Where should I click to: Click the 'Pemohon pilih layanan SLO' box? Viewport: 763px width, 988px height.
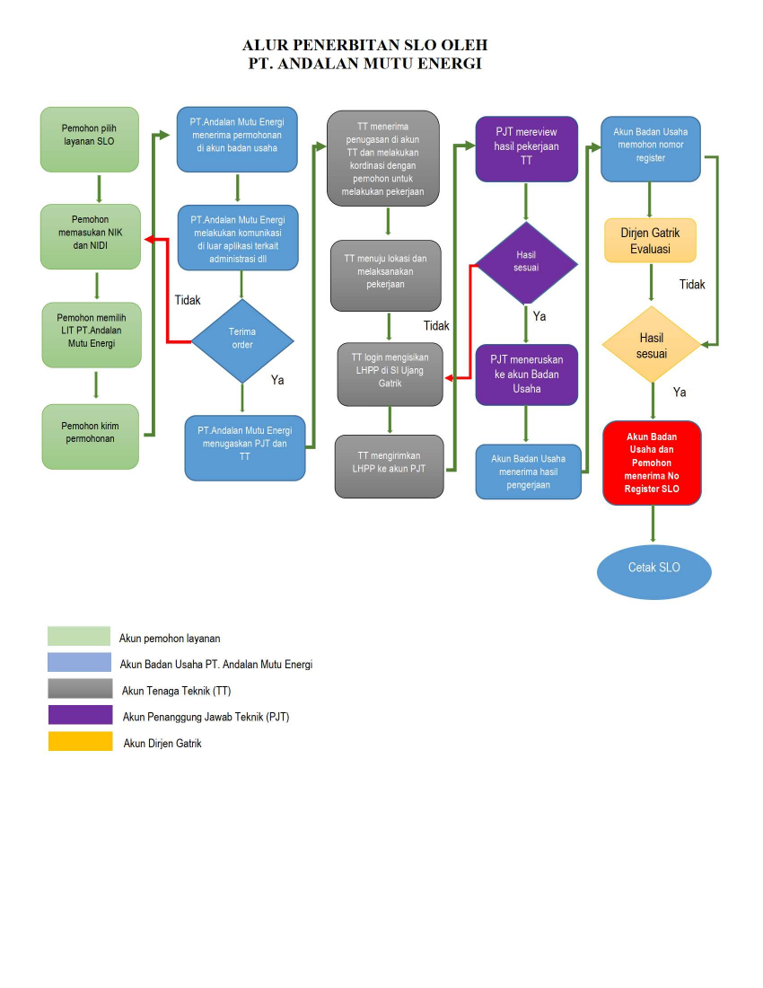tap(89, 139)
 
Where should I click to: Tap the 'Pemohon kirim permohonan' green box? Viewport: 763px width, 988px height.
tap(91, 436)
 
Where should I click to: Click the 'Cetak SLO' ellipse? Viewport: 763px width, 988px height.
tap(653, 569)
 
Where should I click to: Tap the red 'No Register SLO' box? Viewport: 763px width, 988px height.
tap(652, 463)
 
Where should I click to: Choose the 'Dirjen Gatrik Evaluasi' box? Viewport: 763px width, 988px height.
tap(651, 241)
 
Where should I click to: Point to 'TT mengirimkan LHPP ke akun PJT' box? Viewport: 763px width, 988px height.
tap(390, 466)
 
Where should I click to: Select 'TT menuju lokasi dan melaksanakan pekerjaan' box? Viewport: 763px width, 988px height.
tap(386, 275)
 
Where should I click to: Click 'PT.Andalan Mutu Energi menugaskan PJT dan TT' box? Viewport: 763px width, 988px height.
tap(244, 447)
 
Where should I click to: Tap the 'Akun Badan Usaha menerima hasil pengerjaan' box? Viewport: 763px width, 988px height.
tap(528, 472)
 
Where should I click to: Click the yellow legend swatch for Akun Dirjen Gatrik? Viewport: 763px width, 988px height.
tap(80, 742)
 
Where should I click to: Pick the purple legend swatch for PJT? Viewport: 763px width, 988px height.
tap(80, 716)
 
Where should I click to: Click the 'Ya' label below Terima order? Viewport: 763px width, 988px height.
tap(278, 380)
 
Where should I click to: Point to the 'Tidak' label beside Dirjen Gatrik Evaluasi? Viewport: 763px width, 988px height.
tap(692, 285)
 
